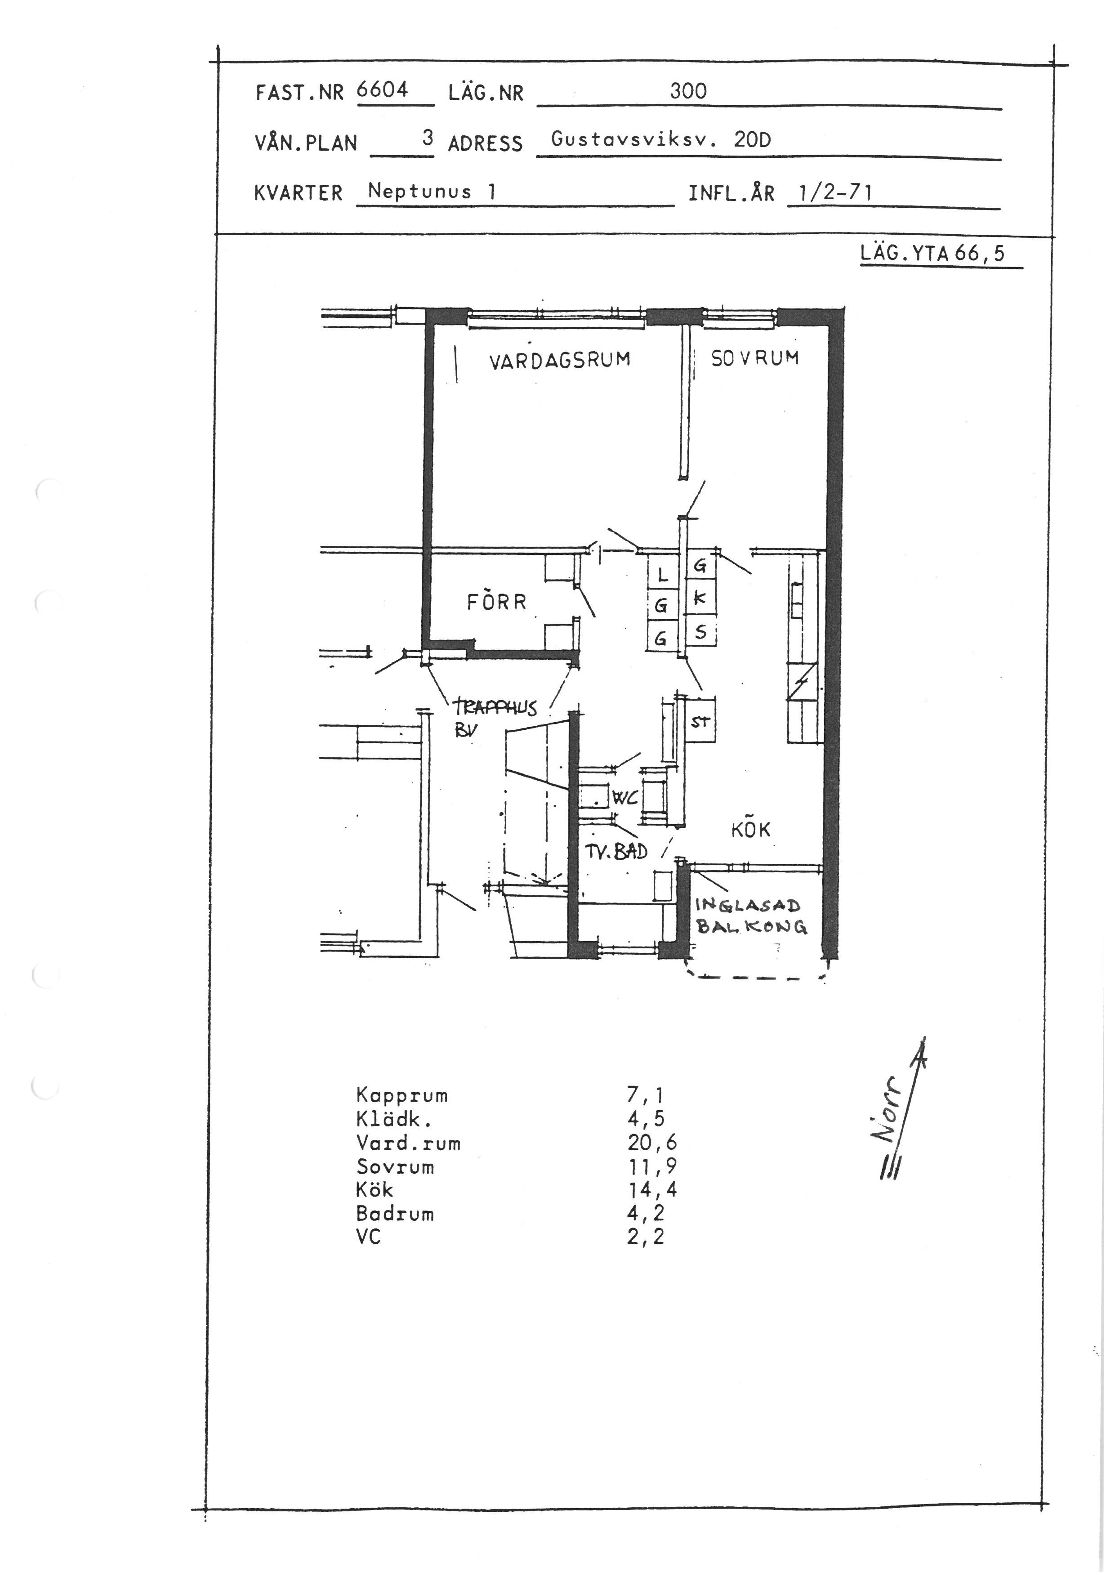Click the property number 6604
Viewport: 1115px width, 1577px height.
(383, 90)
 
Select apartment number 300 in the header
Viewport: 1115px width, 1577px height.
(689, 91)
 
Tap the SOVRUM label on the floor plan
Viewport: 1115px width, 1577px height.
(754, 358)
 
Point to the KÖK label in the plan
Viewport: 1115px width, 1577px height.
(750, 829)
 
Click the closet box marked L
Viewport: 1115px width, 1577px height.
(663, 574)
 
